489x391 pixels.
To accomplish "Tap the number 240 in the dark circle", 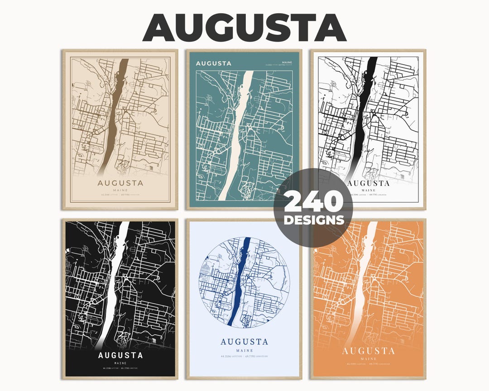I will [x=313, y=202].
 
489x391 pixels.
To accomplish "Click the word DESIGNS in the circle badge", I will [x=313, y=220].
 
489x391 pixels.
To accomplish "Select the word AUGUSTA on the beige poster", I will [x=120, y=183].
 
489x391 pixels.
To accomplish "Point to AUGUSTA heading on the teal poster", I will [x=213, y=63].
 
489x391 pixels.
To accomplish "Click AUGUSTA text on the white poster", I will [x=368, y=183].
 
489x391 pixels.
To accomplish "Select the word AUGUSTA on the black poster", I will [x=120, y=355].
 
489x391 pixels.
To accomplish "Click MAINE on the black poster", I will [x=120, y=363].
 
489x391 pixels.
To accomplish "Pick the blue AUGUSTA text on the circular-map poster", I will [x=244, y=342].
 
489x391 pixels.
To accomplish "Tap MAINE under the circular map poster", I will [x=244, y=350].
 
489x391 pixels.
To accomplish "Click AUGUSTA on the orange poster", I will [x=368, y=351].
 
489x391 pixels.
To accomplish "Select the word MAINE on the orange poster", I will [x=368, y=358].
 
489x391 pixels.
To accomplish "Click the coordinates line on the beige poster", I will [x=120, y=195].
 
